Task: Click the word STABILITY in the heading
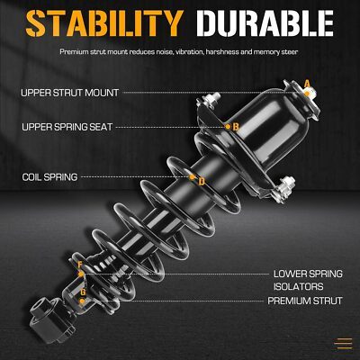104,23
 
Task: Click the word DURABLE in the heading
265,23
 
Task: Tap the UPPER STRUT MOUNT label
70,93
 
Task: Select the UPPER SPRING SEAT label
67,127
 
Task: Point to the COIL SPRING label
49,177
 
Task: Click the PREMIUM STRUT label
305,301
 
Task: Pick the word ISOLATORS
298,286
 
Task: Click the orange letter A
307,84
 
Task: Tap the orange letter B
236,127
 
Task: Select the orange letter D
202,181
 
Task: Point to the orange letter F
80,265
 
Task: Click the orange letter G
83,292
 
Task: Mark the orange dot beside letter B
228,127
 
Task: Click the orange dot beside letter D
192,177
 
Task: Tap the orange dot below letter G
82,301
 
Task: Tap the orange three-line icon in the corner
344,344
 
